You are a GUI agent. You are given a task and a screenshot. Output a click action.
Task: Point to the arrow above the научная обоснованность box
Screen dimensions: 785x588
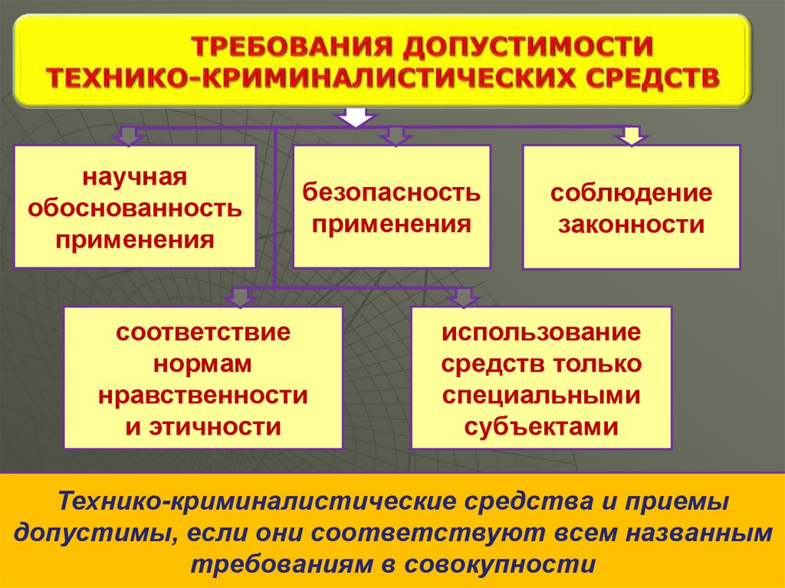(128, 136)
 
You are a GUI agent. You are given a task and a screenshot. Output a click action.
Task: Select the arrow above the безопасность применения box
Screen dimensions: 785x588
(396, 136)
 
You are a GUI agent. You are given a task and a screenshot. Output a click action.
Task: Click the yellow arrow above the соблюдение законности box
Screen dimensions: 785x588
(631, 136)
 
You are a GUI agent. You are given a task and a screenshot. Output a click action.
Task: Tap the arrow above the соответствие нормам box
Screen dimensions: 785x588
(241, 297)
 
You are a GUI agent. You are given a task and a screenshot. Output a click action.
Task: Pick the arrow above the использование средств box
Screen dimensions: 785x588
(463, 297)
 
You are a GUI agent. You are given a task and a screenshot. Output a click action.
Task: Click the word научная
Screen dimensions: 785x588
(136, 177)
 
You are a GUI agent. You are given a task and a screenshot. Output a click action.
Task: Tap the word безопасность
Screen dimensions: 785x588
(392, 192)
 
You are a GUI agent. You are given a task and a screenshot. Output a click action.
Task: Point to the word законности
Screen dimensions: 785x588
(631, 225)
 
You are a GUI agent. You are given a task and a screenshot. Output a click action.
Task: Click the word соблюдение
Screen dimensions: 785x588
(631, 192)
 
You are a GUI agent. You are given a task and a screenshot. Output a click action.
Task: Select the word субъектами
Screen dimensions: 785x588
(541, 425)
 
